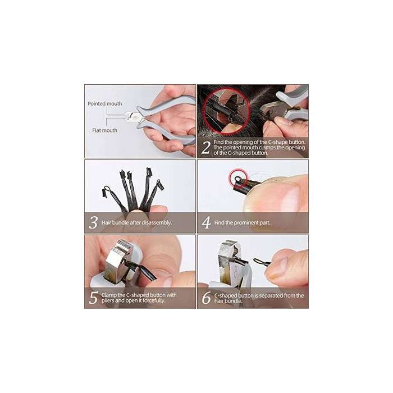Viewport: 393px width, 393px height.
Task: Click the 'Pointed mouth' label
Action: (x=104, y=104)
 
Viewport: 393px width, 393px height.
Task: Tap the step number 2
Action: (x=206, y=148)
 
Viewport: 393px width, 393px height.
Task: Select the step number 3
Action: (x=93, y=222)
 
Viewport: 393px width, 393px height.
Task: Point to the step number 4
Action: (x=206, y=223)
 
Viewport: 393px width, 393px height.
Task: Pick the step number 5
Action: (x=93, y=298)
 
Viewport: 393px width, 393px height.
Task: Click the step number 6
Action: (x=206, y=298)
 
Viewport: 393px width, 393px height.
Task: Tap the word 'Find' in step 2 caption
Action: (x=220, y=143)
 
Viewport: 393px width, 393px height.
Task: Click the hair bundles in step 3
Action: (x=132, y=191)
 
